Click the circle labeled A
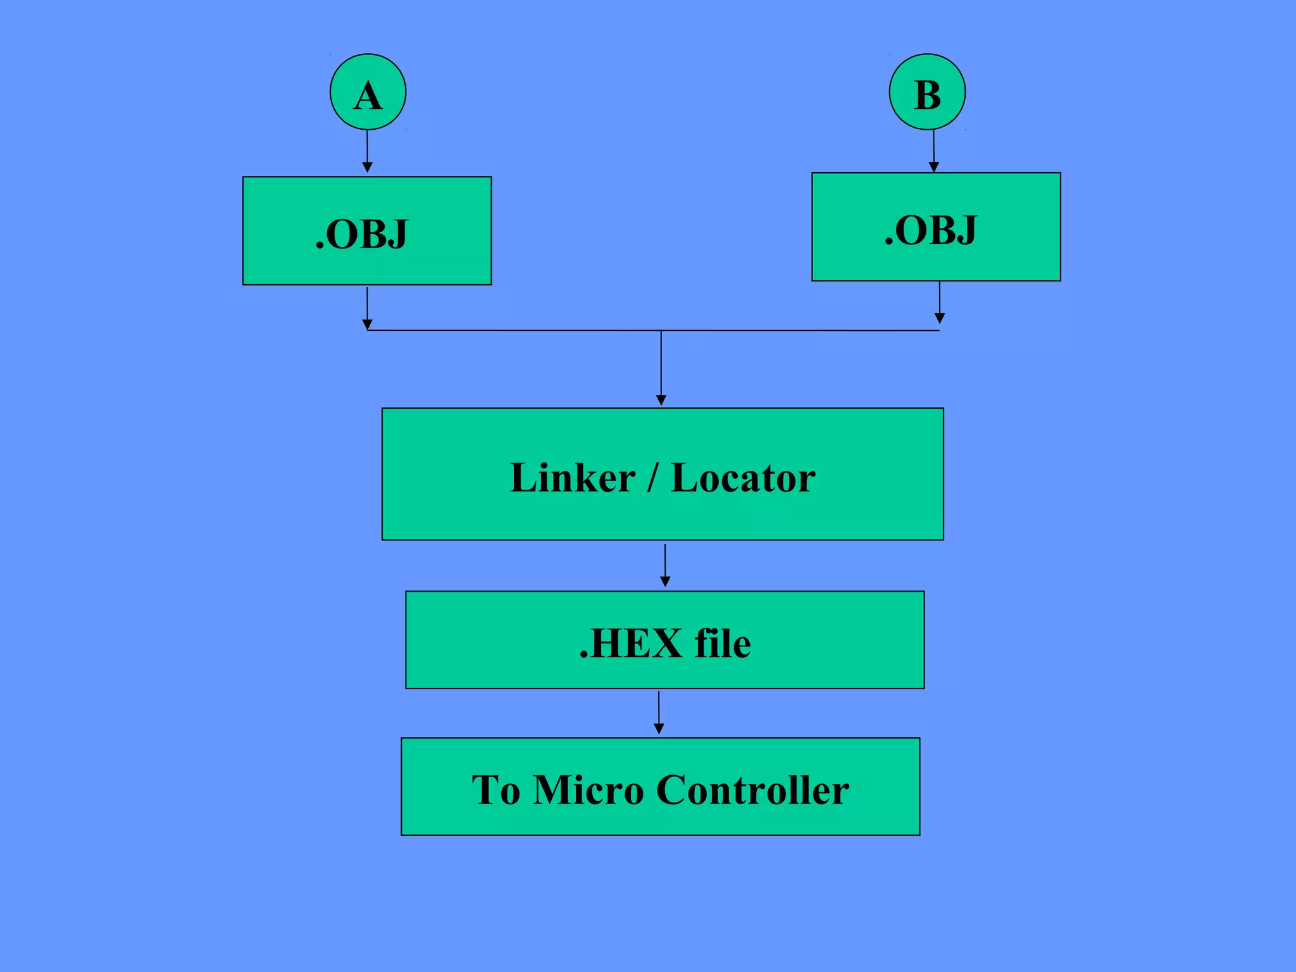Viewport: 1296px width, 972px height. (x=368, y=92)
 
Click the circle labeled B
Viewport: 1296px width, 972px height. (x=927, y=92)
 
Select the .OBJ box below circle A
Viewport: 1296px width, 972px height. (x=367, y=231)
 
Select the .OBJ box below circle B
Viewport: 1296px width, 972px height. (x=936, y=227)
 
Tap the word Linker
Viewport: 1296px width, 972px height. (x=572, y=478)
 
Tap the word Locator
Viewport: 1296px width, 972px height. (x=743, y=478)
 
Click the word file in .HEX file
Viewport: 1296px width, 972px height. (x=723, y=644)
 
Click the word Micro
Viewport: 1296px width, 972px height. (x=588, y=790)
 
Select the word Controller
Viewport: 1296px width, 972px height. (x=752, y=790)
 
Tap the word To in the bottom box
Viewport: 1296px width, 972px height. (x=495, y=790)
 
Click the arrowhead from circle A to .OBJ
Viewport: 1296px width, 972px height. (x=367, y=168)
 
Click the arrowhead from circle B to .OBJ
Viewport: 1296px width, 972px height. (x=933, y=167)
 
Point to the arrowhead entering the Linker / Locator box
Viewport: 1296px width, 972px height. (x=661, y=401)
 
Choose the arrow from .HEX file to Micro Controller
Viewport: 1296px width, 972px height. (x=659, y=713)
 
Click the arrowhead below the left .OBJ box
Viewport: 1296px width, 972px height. (x=367, y=325)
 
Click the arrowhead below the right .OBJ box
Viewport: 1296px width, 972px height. (x=940, y=318)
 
